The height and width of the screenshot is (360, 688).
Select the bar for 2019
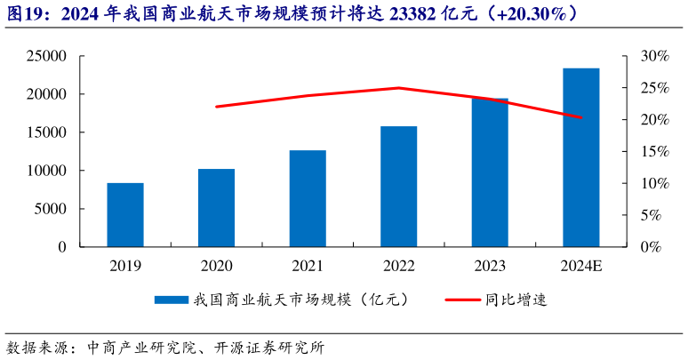coord(125,214)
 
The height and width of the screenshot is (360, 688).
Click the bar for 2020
coord(216,207)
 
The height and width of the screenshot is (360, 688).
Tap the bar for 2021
coord(308,198)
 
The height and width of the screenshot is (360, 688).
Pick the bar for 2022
coord(399,186)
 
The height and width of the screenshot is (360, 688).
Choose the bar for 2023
coord(490,172)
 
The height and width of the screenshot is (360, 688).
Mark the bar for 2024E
coord(581,157)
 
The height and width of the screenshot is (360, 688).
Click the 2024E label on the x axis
coord(581,265)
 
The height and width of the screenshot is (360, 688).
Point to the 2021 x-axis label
coord(308,265)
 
